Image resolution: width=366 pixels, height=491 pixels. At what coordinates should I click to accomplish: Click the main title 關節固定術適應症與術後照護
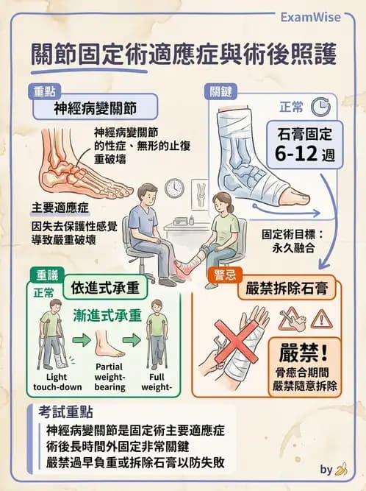(x=184, y=56)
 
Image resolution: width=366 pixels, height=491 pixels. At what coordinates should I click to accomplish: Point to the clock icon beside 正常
(x=320, y=107)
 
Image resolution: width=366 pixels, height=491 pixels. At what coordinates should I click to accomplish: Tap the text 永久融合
(x=295, y=250)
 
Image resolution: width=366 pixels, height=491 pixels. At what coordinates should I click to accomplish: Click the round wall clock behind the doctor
(x=173, y=188)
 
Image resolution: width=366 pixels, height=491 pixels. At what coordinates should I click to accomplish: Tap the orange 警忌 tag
(x=222, y=274)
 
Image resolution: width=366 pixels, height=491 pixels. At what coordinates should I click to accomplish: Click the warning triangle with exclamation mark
(x=321, y=318)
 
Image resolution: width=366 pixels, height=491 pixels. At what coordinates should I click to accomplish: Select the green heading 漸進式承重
(x=108, y=316)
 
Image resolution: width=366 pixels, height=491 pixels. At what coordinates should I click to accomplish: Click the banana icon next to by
(x=341, y=469)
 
